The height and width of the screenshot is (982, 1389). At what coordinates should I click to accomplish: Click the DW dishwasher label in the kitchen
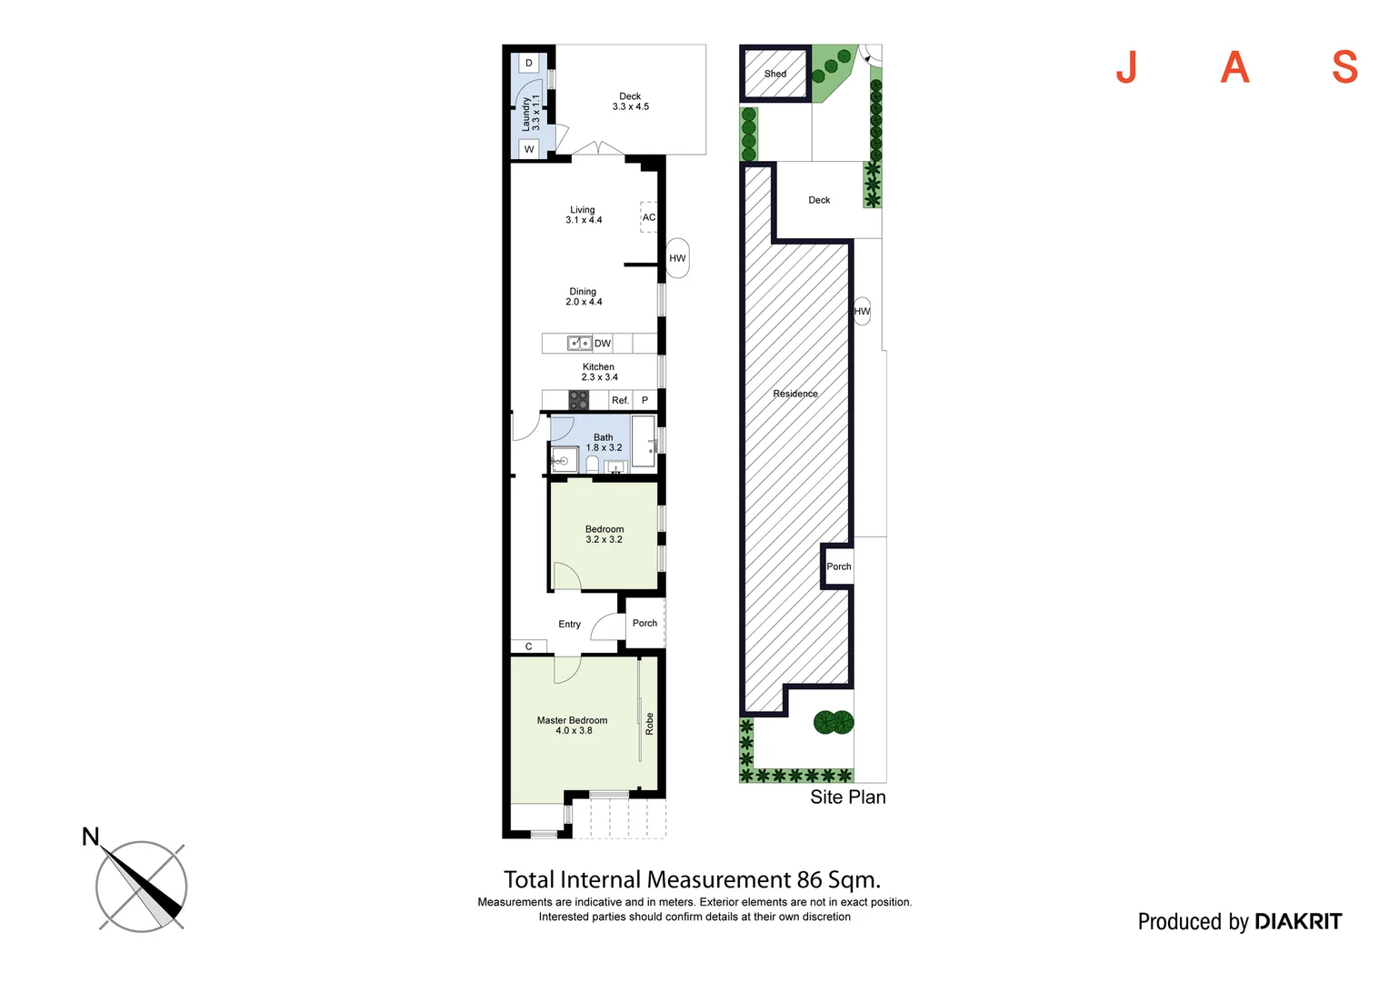click(x=603, y=344)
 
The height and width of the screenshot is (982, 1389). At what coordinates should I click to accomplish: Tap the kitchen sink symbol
click(x=579, y=343)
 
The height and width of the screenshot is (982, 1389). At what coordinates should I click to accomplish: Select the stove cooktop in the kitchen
click(x=578, y=400)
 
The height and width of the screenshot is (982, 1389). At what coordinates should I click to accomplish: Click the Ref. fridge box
click(x=620, y=400)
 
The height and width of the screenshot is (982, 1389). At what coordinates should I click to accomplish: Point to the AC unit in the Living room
click(x=648, y=217)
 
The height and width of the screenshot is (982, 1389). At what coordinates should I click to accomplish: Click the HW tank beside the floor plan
click(x=677, y=258)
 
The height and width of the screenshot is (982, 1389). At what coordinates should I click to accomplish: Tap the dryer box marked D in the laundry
click(x=529, y=64)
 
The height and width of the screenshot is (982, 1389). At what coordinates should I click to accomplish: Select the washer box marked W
click(x=529, y=149)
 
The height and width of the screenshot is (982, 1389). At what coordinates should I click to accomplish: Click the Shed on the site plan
click(x=775, y=74)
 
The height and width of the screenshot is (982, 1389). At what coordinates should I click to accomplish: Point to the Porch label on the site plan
click(x=839, y=566)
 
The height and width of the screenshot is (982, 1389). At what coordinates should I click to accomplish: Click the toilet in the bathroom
click(x=593, y=465)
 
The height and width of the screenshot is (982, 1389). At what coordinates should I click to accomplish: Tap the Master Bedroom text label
click(x=572, y=720)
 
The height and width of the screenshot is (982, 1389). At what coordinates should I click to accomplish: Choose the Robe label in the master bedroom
click(x=649, y=724)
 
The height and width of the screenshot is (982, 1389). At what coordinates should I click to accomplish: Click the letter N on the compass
click(x=90, y=837)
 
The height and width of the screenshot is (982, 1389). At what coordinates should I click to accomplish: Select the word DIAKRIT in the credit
click(x=1297, y=922)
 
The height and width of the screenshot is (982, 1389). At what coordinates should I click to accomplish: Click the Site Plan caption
click(x=847, y=797)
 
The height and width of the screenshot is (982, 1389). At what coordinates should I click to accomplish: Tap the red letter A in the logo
click(x=1234, y=67)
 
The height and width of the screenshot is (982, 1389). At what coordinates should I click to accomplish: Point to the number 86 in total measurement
click(x=809, y=880)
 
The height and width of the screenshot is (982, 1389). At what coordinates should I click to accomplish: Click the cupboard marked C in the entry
click(x=528, y=646)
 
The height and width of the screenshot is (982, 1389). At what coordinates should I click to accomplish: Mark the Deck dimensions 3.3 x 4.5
click(x=630, y=107)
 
